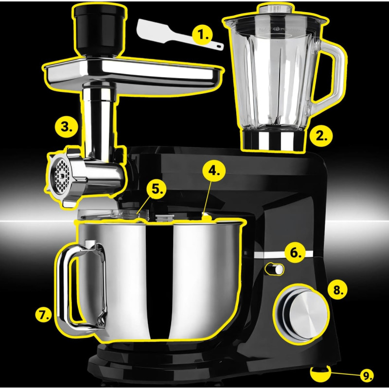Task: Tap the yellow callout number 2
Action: coord(321,137)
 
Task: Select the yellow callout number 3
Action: coord(67,127)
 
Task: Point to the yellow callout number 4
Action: coord(214,171)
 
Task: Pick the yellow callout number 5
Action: coord(156,189)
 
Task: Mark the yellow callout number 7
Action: coord(44,315)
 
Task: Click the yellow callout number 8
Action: coord(337,289)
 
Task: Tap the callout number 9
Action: coord(367,375)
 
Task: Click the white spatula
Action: coord(179,35)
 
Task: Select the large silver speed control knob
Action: coord(302,315)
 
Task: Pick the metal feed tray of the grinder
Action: coord(133,73)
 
